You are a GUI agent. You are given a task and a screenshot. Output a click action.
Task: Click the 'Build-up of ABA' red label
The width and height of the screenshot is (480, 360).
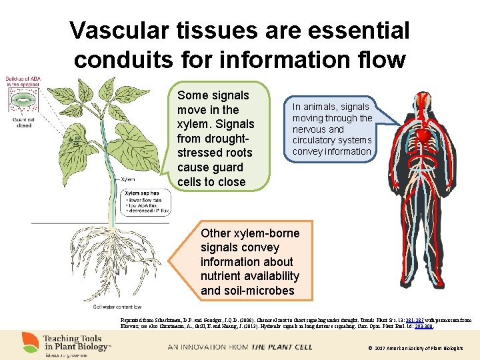pyautogui.click(x=23, y=80)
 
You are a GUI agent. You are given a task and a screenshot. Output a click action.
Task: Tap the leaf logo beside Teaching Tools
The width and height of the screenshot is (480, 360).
pyautogui.click(x=30, y=342)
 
